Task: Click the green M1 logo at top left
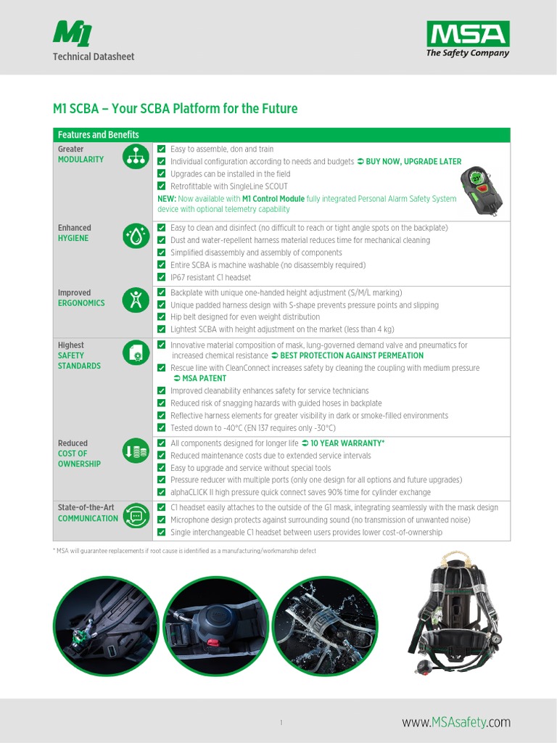click(73, 33)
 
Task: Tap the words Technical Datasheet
click(93, 57)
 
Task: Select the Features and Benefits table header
click(99, 135)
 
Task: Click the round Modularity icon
click(136, 156)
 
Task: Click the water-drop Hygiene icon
click(136, 235)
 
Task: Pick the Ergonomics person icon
click(136, 300)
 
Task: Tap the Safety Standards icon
click(136, 353)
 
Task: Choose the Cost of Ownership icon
click(136, 451)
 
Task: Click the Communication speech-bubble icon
click(136, 515)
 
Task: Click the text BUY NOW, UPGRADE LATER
click(413, 162)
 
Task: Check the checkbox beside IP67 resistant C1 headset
click(162, 277)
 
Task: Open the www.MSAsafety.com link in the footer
click(456, 722)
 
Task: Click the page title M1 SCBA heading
click(175, 109)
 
